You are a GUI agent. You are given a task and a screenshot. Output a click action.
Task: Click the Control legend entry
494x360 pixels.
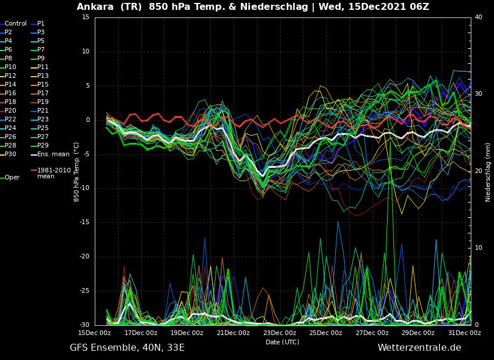coord(13,24)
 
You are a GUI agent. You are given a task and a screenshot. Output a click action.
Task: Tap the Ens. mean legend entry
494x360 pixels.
coord(50,154)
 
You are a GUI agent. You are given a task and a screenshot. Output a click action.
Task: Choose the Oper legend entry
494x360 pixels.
coord(10,178)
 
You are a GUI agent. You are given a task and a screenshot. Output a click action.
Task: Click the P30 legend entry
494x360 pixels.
coord(8,154)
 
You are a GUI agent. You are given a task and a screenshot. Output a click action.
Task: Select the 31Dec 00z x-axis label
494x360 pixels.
coord(465,333)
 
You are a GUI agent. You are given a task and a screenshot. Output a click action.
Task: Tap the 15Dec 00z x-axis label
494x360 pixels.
coord(95,333)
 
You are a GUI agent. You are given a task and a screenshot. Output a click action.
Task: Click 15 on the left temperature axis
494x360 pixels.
coord(85,17)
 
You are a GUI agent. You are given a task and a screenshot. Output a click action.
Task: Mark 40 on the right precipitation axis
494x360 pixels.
coord(478,17)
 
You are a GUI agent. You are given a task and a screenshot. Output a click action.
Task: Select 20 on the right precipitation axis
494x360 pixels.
coord(478,171)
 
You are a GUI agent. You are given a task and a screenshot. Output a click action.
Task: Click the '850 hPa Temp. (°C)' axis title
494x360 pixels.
coord(77,172)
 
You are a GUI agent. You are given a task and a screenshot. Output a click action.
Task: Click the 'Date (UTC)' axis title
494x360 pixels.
coord(282,342)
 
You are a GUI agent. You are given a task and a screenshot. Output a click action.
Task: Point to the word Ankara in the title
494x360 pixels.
coord(95,7)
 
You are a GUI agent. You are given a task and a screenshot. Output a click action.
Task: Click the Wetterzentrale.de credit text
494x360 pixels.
coord(420,348)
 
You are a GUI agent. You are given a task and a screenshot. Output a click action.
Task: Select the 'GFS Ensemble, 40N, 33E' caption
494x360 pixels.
coord(127,348)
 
